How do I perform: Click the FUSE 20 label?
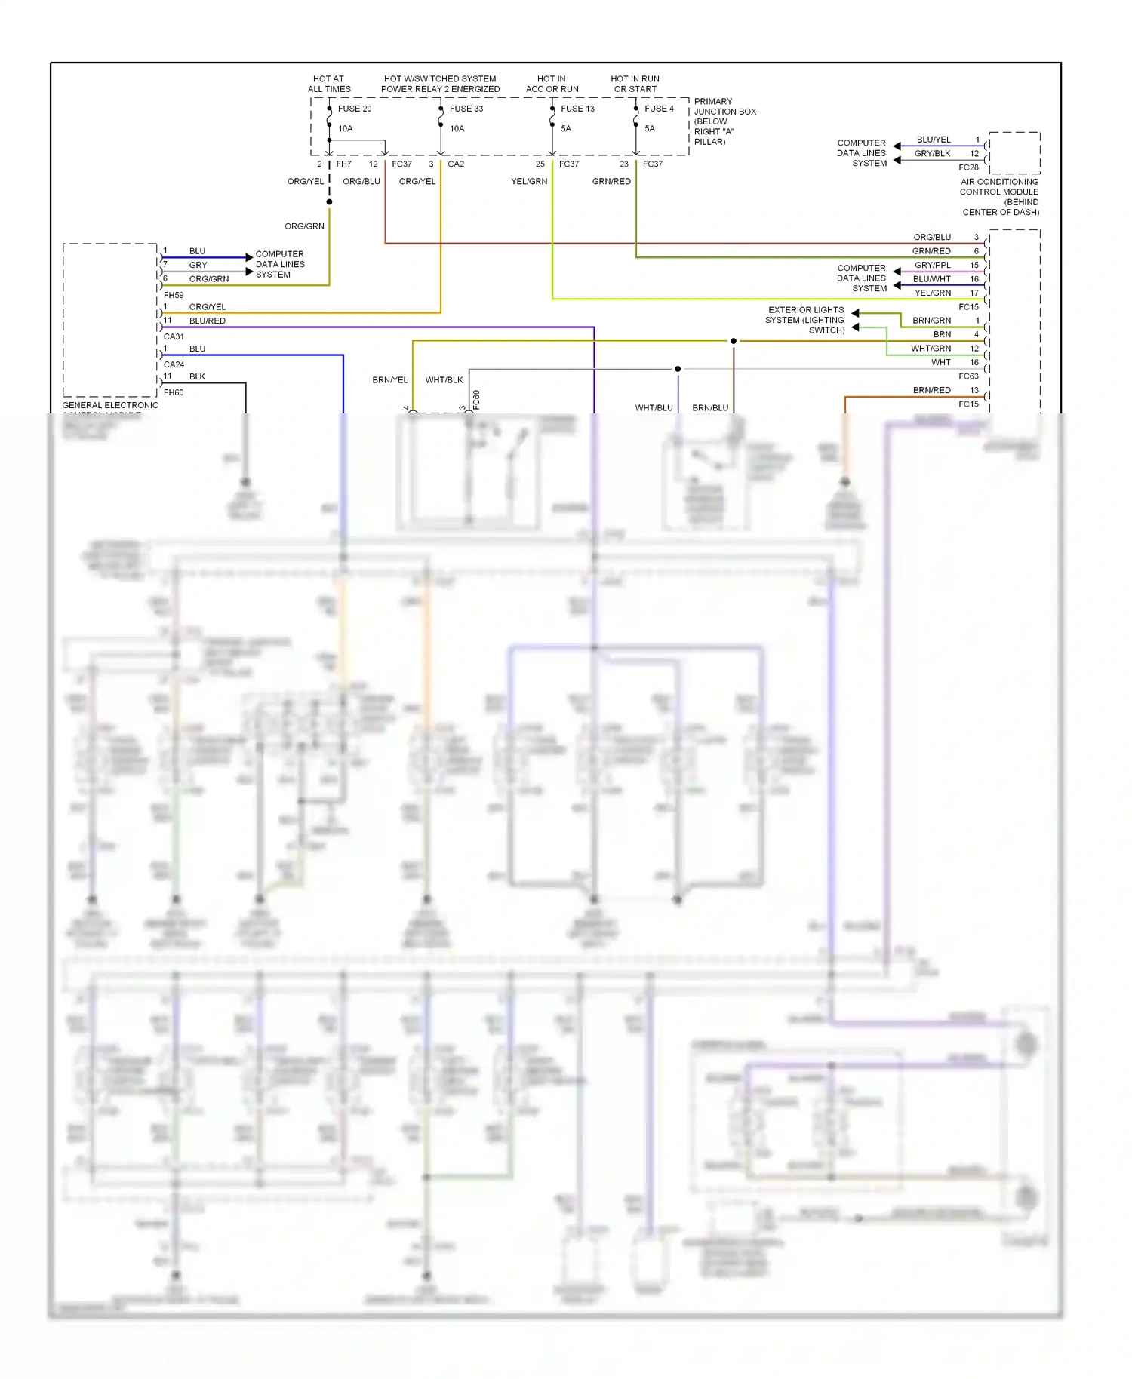point(354,109)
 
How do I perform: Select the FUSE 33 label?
point(466,109)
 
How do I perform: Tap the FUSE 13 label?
point(577,109)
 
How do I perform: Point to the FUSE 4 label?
point(659,109)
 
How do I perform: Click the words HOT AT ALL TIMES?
point(329,84)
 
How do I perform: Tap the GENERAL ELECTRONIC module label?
point(110,405)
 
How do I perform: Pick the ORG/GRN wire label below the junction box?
point(304,226)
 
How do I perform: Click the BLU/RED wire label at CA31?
point(207,321)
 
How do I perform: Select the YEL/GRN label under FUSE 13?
point(529,182)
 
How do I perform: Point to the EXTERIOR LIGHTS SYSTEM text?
point(805,320)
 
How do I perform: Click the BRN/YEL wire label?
point(389,380)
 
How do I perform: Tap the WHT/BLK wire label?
point(444,380)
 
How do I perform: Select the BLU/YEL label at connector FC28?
point(933,140)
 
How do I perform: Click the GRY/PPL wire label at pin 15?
point(932,265)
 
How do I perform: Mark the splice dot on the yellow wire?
point(733,341)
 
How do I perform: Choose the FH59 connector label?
point(174,295)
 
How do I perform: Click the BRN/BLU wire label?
point(710,408)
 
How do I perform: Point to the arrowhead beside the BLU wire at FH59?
point(249,257)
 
